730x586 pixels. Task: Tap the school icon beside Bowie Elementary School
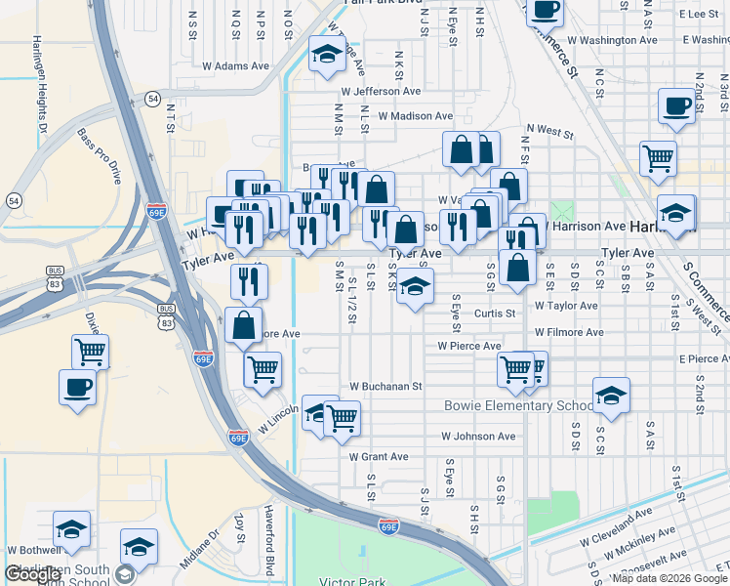[611, 395]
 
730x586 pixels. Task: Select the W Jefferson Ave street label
[381, 91]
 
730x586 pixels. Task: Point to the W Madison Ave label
[416, 115]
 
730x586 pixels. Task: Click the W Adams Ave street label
[235, 66]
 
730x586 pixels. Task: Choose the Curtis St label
[494, 314]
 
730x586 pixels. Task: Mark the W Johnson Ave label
[477, 437]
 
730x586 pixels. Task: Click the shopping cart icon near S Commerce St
[659, 157]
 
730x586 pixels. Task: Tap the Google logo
[32, 574]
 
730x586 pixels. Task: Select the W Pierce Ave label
[469, 346]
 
